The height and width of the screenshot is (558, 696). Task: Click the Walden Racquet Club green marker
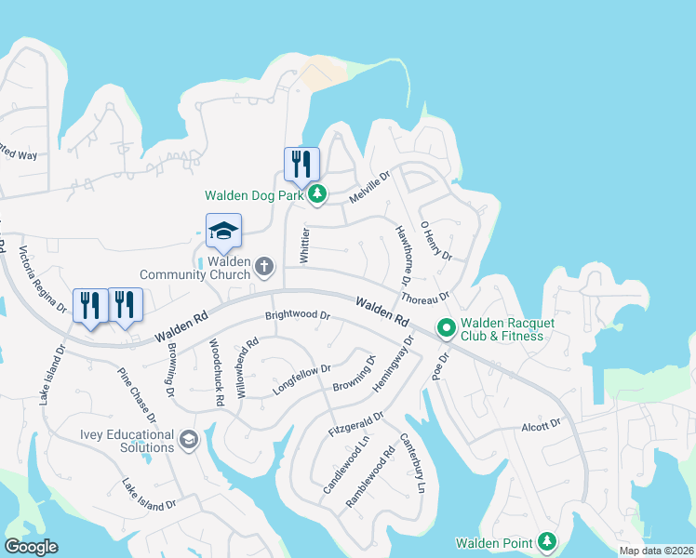pyautogui.click(x=446, y=327)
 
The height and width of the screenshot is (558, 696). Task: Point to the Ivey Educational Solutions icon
pyautogui.click(x=189, y=439)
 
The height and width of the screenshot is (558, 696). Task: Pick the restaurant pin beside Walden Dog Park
pyautogui.click(x=301, y=165)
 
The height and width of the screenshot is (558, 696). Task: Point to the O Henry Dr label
pyautogui.click(x=435, y=240)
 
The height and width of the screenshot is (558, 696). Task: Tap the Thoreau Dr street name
pyautogui.click(x=425, y=298)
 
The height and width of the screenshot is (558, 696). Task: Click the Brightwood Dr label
pyautogui.click(x=298, y=315)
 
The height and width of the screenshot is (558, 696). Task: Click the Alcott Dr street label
pyautogui.click(x=541, y=423)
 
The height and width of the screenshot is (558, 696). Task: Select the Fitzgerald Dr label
pyautogui.click(x=355, y=425)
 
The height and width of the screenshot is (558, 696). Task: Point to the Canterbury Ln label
pyautogui.click(x=414, y=462)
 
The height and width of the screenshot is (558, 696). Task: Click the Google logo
pyautogui.click(x=31, y=546)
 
